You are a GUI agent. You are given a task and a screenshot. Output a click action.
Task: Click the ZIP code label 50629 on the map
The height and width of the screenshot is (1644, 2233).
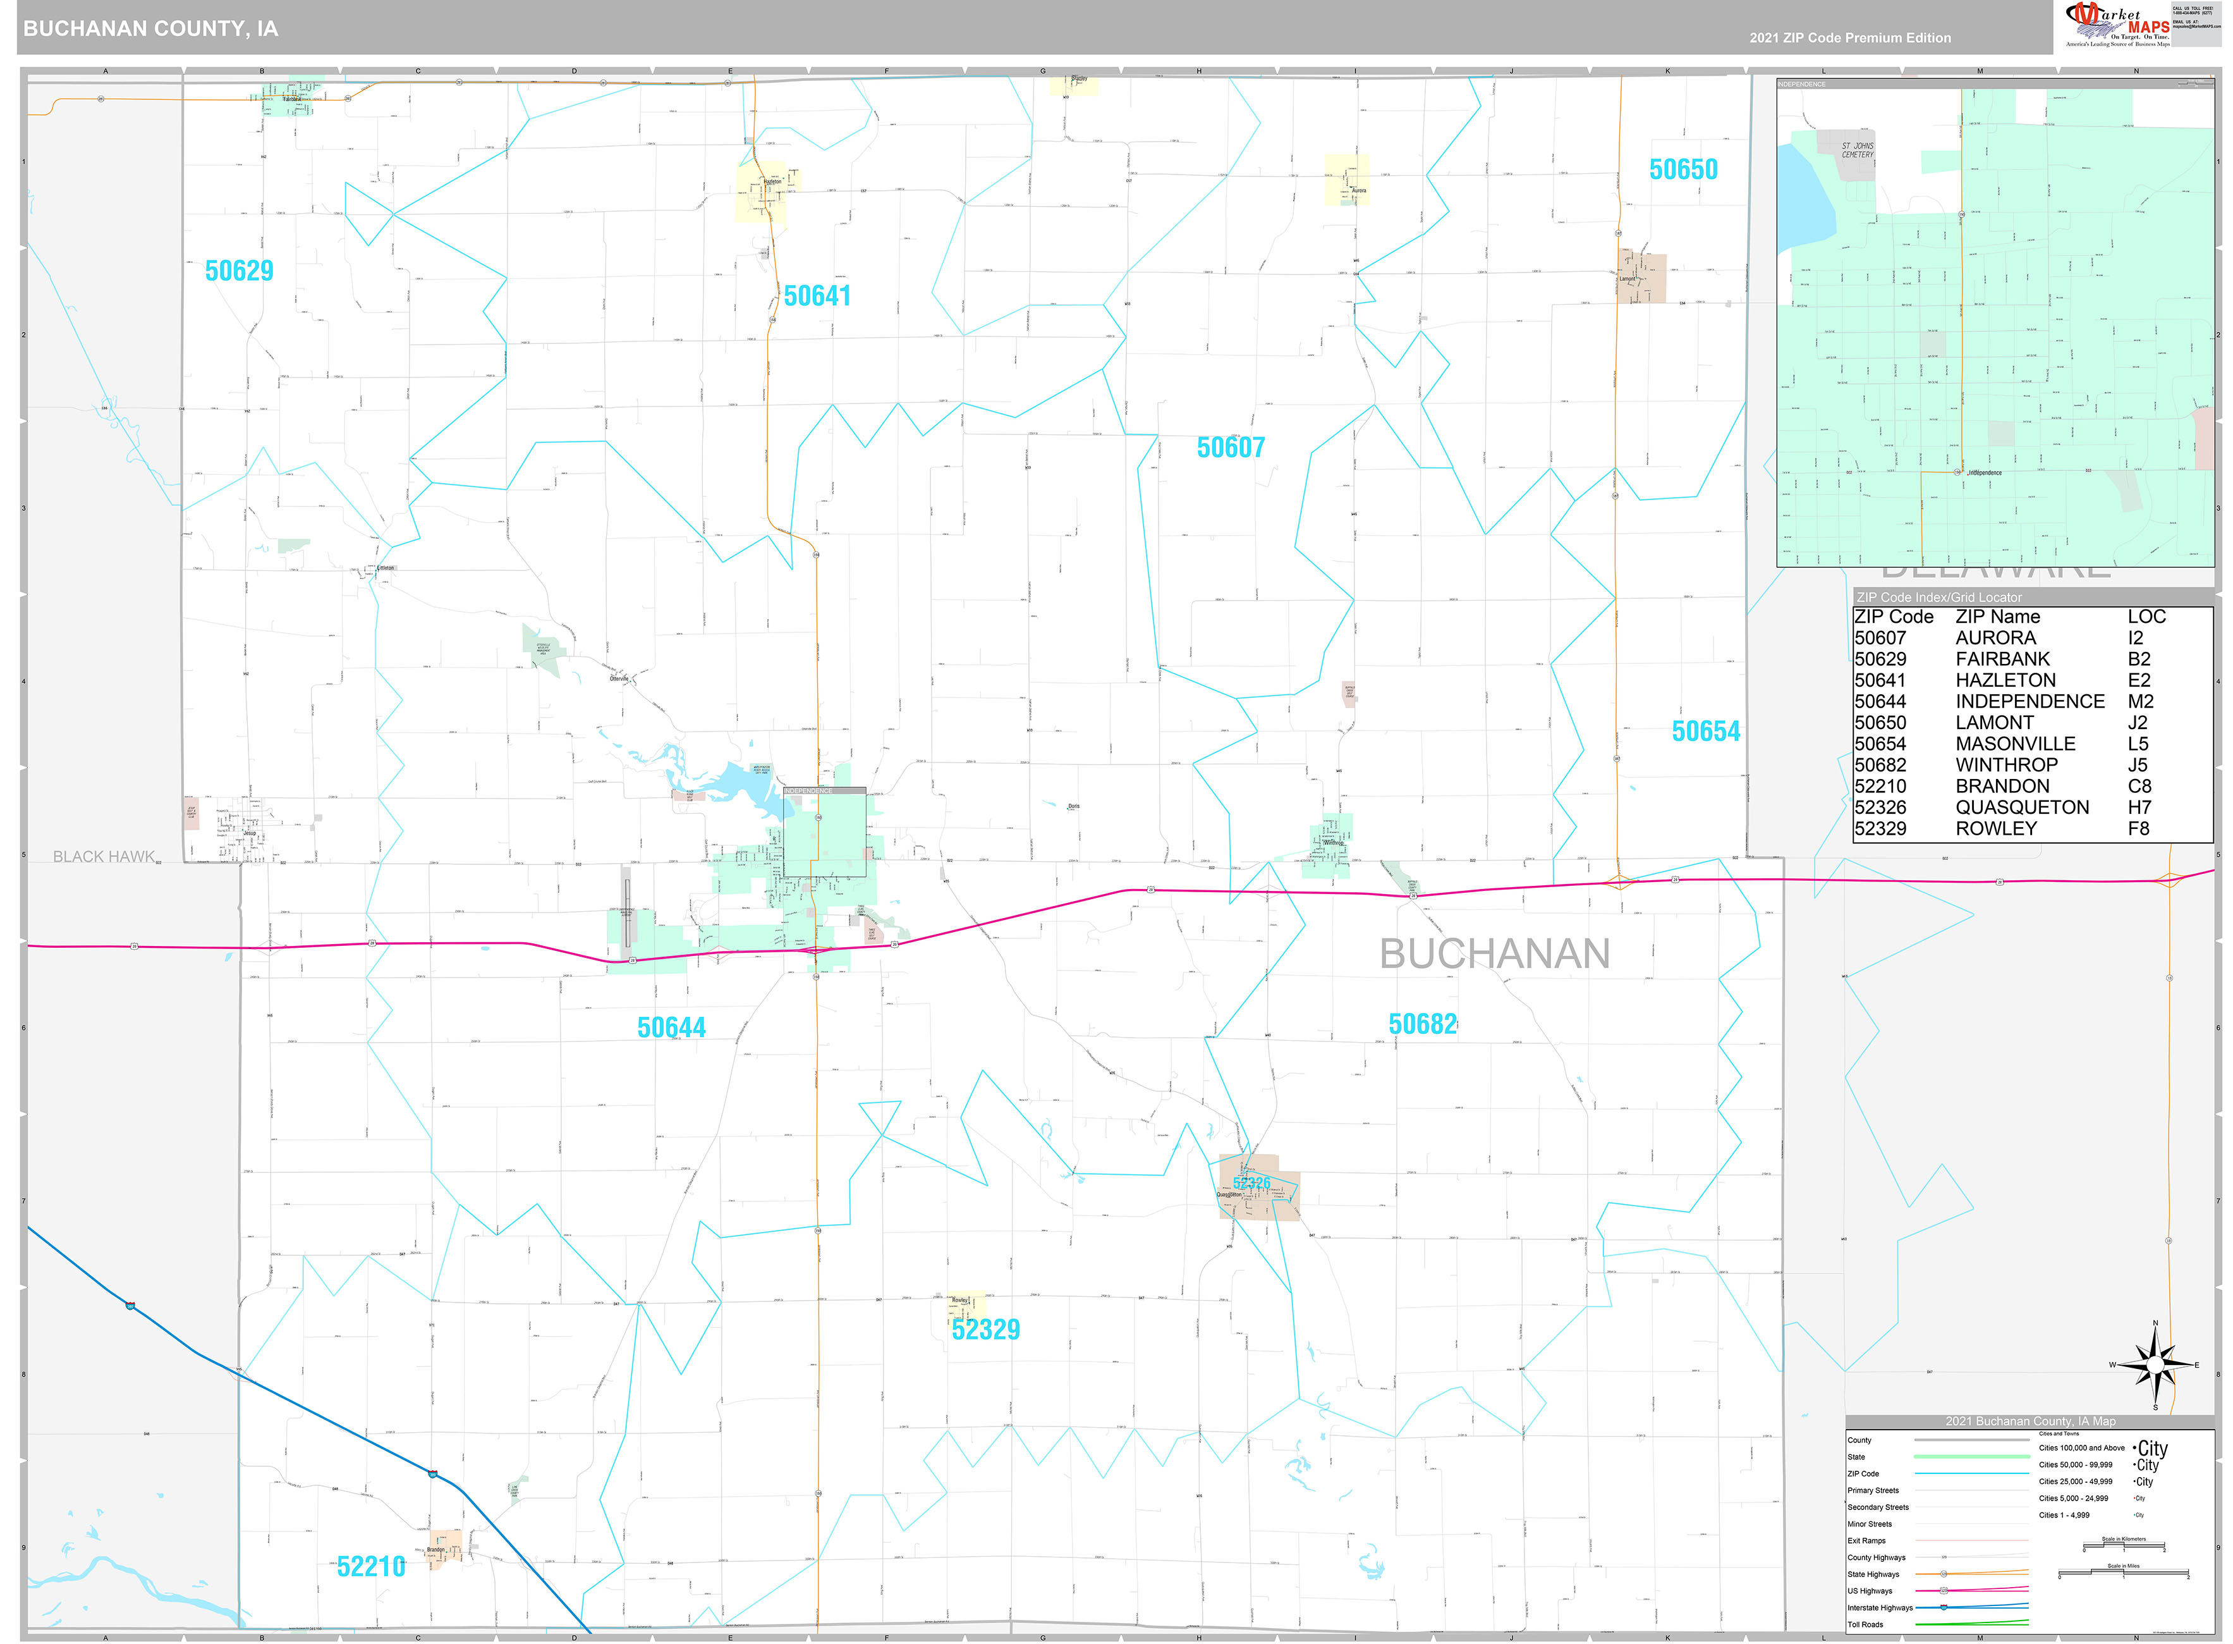[x=239, y=271]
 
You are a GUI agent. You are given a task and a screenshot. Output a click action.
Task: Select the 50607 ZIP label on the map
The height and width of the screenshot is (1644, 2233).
[x=1231, y=448]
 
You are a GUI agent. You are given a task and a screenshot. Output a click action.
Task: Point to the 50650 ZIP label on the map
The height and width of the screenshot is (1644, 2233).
[x=1683, y=169]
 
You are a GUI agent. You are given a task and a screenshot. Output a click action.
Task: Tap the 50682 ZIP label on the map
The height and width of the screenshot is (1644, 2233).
[x=1422, y=1024]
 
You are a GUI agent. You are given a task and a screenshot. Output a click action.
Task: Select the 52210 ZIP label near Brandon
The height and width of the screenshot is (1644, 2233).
[x=371, y=1566]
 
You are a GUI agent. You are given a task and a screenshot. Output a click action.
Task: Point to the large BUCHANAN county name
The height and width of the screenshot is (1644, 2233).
[x=1494, y=954]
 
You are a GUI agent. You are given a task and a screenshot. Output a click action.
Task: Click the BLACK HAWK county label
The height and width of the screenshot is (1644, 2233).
[x=104, y=857]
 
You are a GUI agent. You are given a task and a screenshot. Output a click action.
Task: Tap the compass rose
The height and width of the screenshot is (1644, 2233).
[x=2155, y=1365]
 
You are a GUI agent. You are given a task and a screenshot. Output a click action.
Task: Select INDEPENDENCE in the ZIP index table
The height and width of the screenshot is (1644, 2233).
[x=2029, y=702]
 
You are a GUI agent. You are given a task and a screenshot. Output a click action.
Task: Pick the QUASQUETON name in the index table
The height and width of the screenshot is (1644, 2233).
[x=2021, y=807]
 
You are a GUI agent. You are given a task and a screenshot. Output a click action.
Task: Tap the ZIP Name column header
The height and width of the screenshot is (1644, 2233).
[x=1997, y=617]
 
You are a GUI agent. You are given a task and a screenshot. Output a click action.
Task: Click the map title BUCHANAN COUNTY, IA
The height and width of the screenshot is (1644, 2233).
[x=151, y=29]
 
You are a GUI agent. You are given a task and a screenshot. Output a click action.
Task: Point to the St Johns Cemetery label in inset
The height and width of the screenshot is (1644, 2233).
[x=1857, y=150]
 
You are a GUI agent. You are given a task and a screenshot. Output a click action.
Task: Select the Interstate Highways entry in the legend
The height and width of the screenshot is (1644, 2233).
[x=1880, y=1607]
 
